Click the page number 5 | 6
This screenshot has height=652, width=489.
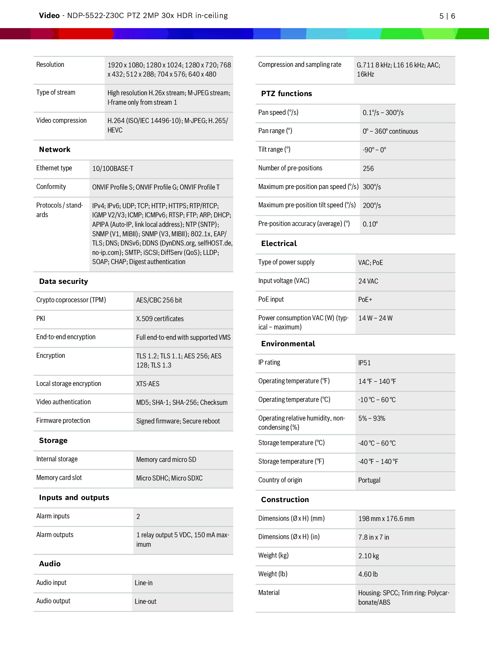click(447, 16)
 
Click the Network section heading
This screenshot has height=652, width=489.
click(55, 150)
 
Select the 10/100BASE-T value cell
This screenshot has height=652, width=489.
click(113, 169)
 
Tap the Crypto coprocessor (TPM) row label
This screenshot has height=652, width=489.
click(71, 300)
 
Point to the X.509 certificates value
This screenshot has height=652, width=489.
click(160, 319)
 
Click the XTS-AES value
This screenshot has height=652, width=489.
click(148, 384)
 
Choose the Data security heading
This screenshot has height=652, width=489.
click(64, 281)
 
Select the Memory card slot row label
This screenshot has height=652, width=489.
click(59, 478)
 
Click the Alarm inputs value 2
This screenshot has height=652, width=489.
click(138, 517)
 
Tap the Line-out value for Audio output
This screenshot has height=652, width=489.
click(145, 601)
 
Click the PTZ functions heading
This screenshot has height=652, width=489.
click(286, 94)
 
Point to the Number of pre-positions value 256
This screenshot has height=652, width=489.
click(368, 169)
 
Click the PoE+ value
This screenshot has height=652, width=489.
click(365, 300)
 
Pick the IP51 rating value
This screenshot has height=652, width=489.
click(364, 363)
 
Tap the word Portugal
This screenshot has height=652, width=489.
click(369, 480)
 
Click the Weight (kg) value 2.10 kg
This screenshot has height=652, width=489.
click(368, 556)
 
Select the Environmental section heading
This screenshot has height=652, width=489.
click(288, 344)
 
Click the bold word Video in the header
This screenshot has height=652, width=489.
click(49, 16)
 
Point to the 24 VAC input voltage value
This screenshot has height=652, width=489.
click(368, 281)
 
